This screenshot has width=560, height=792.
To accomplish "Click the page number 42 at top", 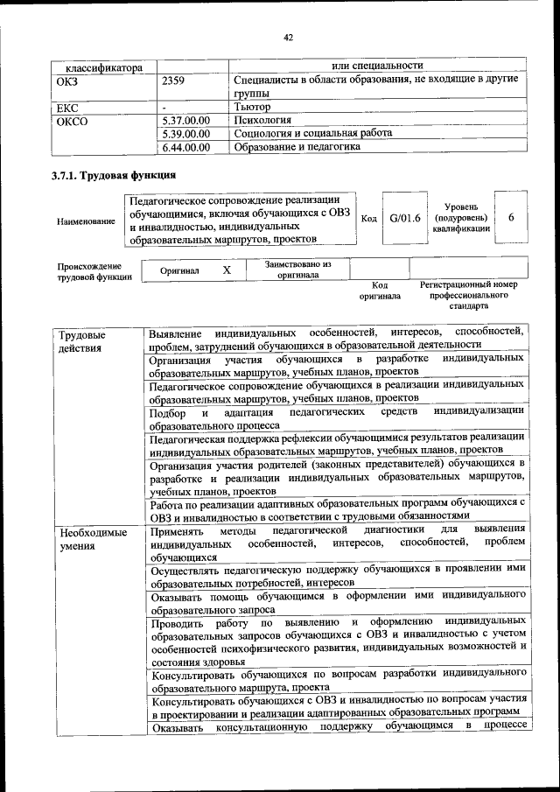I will point(287,38).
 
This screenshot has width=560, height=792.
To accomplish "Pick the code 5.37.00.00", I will point(186,121).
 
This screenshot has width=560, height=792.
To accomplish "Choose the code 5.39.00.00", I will point(186,134).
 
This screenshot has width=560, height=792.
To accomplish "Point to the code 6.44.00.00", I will point(186,147).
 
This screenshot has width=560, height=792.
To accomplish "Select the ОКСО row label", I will point(72,121).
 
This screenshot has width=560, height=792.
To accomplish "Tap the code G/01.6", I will point(405,218).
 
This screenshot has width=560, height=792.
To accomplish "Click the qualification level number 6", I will point(511,217).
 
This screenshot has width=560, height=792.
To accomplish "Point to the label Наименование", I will point(86,222).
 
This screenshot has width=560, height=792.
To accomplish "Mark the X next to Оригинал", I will point(227,270).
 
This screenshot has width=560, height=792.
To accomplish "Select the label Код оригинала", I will point(379,291).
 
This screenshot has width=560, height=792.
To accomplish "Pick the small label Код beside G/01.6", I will point(368,219).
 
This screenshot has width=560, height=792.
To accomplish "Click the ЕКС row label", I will point(66,107).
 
